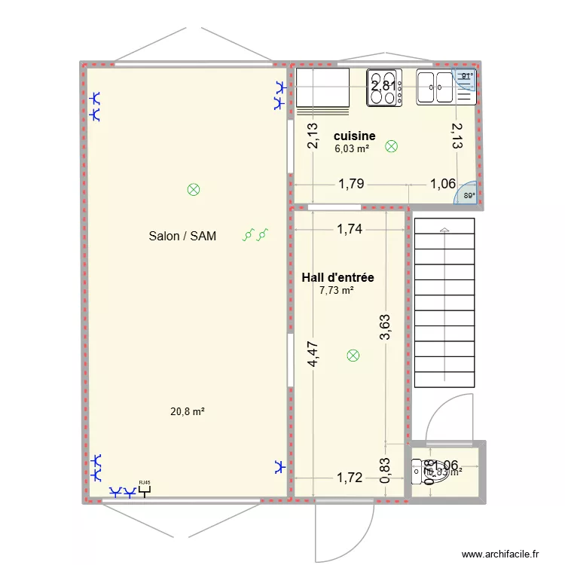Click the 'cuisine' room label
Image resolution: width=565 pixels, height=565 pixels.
click(x=354, y=136)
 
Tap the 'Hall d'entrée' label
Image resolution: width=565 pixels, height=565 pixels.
click(x=337, y=278)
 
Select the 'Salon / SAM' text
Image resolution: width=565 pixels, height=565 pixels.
click(x=182, y=237)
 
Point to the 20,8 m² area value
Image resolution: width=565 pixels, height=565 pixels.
click(x=188, y=411)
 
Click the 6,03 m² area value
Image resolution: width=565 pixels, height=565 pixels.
click(x=352, y=149)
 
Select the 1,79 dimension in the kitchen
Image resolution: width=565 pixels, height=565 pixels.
click(x=351, y=183)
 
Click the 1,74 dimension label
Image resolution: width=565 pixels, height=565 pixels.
click(x=350, y=230)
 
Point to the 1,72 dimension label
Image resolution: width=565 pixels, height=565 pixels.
click(x=350, y=477)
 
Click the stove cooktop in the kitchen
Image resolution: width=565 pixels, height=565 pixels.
click(x=384, y=86)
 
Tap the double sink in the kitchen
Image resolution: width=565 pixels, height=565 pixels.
click(x=435, y=86)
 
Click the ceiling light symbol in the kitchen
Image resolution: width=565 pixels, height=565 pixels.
click(x=391, y=146)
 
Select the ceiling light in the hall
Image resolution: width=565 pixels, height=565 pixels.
click(x=353, y=356)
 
